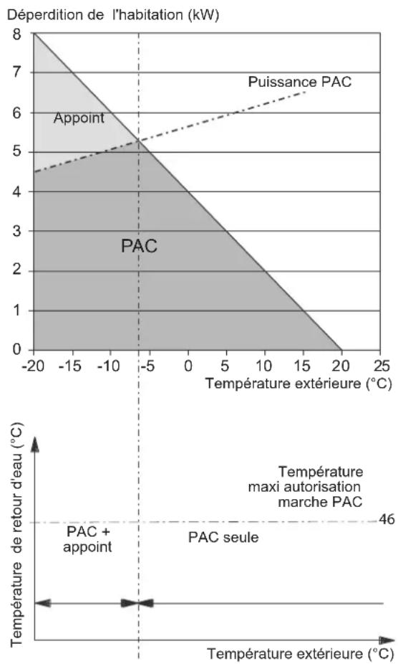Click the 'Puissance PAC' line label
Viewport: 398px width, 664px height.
[x=299, y=82]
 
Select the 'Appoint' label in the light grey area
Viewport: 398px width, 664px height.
[x=79, y=118]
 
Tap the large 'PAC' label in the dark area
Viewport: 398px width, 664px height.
[x=139, y=246]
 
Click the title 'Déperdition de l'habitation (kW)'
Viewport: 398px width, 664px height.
[x=113, y=15]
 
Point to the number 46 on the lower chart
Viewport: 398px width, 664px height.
[x=387, y=519]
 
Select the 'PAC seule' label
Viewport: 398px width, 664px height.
[x=223, y=537]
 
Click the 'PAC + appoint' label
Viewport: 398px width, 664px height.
[x=87, y=539]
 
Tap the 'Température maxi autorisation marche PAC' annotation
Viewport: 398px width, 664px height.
[x=306, y=487]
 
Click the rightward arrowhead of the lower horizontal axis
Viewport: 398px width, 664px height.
[x=387, y=640]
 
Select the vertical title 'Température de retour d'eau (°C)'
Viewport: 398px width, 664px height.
[x=16, y=534]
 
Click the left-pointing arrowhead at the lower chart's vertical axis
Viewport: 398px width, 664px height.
[x=43, y=603]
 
